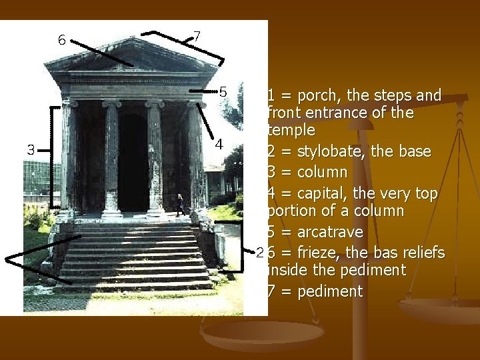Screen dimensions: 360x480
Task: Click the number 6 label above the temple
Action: point(61,40)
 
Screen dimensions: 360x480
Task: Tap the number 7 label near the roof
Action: point(197,36)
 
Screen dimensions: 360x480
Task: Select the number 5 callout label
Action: point(224,91)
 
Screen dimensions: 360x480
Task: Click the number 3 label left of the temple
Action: point(31,149)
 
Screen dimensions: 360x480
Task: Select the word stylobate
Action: point(330,151)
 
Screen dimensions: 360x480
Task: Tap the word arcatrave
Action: point(331,233)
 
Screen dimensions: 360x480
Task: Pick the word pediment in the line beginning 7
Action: point(331,291)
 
